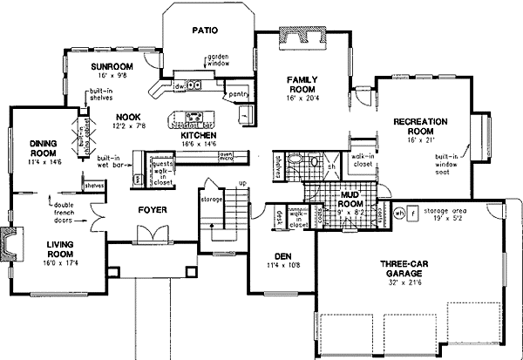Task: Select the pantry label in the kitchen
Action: click(236, 91)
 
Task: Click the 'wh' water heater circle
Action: click(400, 212)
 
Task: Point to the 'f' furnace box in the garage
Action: click(414, 212)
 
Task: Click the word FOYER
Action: click(153, 210)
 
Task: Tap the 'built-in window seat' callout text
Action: click(446, 162)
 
